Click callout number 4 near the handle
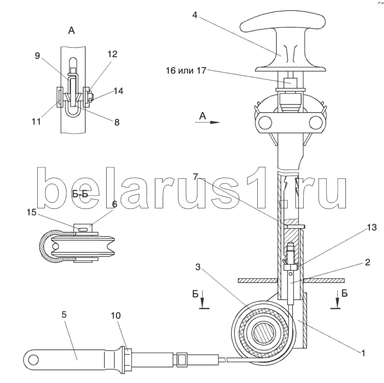coord(195,15)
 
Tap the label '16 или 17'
coord(186,71)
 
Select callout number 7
coord(196,176)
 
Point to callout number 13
coord(372,227)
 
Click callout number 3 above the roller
coord(198,267)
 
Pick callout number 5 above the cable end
coord(64,315)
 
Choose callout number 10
coord(116,315)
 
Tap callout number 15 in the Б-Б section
coord(32,212)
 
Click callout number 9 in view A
coord(37,56)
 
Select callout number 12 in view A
coord(113,54)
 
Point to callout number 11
coord(36,121)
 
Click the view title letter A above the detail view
coord(71,30)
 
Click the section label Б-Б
coord(80,194)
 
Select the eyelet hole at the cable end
coord(33,360)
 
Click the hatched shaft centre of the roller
coord(264,333)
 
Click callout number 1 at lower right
coord(363,353)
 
